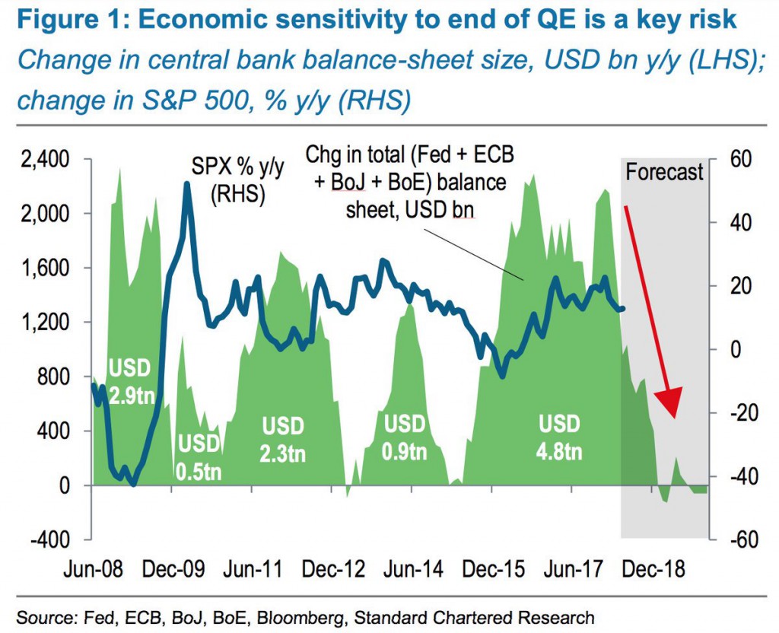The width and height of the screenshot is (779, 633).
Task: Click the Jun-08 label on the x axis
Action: click(81, 568)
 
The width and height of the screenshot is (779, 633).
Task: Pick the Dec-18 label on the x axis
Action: click(653, 568)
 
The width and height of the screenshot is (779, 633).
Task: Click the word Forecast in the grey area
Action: click(664, 172)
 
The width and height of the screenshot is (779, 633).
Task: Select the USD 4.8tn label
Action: click(559, 437)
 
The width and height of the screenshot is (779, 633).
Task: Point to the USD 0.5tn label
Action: click(198, 456)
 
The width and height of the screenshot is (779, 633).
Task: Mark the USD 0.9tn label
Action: click(405, 437)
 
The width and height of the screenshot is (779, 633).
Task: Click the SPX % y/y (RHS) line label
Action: click(237, 181)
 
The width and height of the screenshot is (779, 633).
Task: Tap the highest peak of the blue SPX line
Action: click(187, 184)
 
